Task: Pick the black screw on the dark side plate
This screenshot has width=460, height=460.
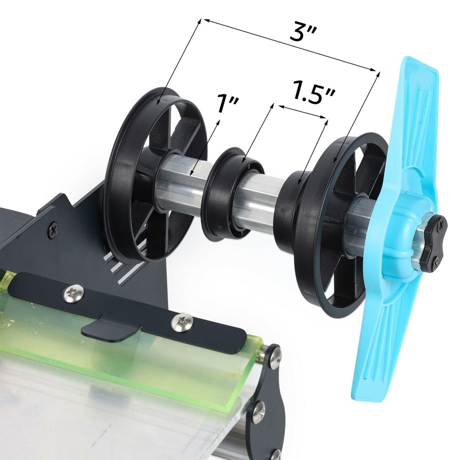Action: tap(54, 227)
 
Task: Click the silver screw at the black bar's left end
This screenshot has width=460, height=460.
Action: tap(74, 291)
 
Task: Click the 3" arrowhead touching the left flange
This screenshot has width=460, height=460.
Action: tap(159, 103)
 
